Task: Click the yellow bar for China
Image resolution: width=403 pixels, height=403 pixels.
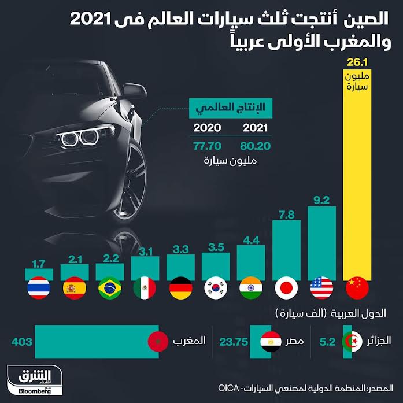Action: point(357,175)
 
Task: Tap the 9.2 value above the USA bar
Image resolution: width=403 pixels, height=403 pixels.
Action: point(321,200)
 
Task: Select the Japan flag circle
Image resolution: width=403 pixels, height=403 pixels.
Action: point(286,288)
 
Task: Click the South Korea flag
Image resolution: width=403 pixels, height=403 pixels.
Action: point(216,288)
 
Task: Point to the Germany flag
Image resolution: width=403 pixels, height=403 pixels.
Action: point(180,288)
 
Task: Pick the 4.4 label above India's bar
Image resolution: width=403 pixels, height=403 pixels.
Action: point(251,241)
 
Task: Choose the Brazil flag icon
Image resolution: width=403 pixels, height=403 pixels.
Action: point(110,288)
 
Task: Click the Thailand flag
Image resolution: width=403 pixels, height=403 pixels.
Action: point(39,288)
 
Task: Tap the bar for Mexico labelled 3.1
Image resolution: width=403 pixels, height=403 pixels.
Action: point(145,268)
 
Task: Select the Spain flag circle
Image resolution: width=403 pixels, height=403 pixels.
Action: point(75,288)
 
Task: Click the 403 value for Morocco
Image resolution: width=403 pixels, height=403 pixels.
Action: point(22,342)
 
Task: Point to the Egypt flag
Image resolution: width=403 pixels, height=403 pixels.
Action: point(271,342)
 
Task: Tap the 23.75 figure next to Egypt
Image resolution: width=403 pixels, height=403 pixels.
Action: point(234,342)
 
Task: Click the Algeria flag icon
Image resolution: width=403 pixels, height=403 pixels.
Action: point(352,342)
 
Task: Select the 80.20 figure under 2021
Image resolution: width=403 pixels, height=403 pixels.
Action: point(255,146)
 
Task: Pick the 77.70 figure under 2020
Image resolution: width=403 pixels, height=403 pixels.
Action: point(207,146)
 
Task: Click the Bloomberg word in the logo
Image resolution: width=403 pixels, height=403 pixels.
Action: point(35,391)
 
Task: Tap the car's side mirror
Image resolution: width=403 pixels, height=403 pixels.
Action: point(134,91)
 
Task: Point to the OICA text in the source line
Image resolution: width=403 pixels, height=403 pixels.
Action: point(228,389)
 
